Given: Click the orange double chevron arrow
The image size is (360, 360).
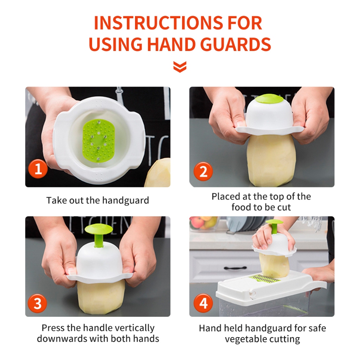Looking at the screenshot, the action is point(180,67).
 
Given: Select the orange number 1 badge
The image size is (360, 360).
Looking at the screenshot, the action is point(38,169).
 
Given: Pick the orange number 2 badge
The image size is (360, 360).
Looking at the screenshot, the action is point(203,172).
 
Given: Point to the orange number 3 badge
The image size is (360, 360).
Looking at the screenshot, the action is point(37,303).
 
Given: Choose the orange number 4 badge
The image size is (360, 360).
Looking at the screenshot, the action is point(204,303).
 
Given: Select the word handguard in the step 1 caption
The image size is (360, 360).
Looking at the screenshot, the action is point(126,200).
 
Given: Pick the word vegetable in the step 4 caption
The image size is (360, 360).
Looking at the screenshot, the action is point(246,339).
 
